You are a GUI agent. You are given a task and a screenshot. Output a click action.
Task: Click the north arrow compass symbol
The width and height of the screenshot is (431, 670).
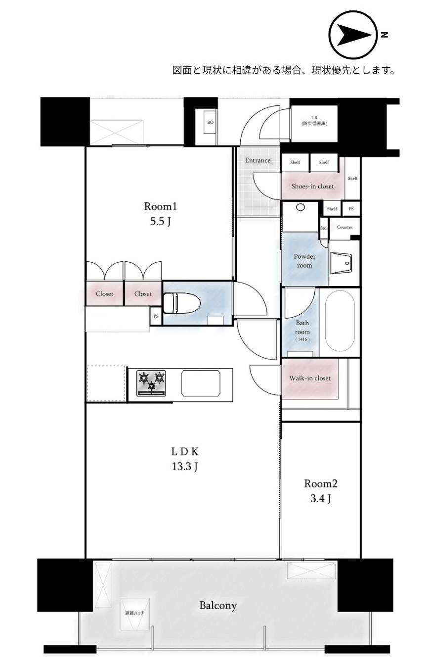click(x=352, y=35)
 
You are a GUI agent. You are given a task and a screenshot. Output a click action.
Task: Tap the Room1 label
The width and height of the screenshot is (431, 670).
click(x=161, y=207)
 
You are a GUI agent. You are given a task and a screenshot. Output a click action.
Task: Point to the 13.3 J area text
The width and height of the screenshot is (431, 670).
click(x=185, y=467)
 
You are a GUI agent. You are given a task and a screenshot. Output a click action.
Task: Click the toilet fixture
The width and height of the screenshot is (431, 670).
click(x=181, y=303)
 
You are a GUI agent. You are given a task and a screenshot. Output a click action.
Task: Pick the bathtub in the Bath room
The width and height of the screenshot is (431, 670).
click(x=340, y=321)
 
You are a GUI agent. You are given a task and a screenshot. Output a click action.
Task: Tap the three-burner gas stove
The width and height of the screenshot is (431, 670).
click(x=151, y=383)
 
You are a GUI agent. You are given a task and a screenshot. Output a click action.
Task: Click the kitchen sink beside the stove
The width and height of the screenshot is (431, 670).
click(x=201, y=383)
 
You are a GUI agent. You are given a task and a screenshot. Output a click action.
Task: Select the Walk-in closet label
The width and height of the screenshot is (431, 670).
click(x=310, y=378)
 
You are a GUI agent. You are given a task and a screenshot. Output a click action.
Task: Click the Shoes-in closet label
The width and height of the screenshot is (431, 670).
click(x=312, y=187)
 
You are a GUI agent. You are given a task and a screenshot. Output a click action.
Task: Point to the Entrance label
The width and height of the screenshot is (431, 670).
click(x=258, y=160)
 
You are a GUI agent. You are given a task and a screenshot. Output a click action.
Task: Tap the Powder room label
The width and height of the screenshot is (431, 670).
click(x=304, y=261)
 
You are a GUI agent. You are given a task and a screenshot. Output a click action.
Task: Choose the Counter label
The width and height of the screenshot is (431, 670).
click(x=345, y=227)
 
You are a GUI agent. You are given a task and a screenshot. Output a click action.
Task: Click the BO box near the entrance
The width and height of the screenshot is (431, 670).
click(x=210, y=122)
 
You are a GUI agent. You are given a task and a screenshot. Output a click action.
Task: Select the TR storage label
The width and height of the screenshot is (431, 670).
click(x=314, y=121)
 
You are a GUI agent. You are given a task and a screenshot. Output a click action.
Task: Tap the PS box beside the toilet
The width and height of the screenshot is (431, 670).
click(x=156, y=316)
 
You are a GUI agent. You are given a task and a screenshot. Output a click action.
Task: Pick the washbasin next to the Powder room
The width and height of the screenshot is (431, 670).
click(x=342, y=263)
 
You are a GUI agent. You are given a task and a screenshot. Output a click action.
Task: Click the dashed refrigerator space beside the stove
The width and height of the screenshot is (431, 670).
click(x=106, y=383)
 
